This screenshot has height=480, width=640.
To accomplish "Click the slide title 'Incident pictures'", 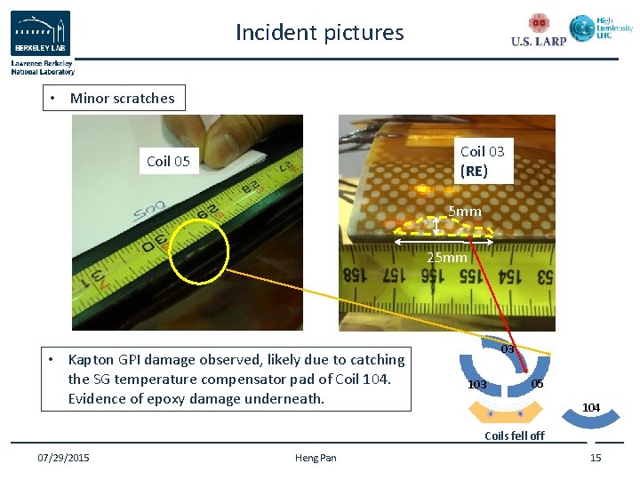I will click(319, 33).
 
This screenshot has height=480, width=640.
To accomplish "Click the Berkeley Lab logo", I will click(41, 35).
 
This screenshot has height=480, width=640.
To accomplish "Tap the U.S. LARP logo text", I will click(539, 41).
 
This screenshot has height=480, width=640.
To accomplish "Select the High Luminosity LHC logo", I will click(601, 29).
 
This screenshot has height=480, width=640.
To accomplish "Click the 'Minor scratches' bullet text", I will click(122, 98).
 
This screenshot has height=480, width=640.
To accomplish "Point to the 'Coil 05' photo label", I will click(168, 161).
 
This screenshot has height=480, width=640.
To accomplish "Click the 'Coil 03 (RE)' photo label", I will click(482, 160).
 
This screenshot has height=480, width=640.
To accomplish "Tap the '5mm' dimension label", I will click(464, 212).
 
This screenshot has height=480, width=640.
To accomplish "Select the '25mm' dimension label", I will click(446, 258).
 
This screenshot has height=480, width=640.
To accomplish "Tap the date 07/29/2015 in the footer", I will click(62, 458).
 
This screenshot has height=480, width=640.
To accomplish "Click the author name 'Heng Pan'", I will click(316, 458).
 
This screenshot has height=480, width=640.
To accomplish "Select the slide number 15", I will click(596, 458).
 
